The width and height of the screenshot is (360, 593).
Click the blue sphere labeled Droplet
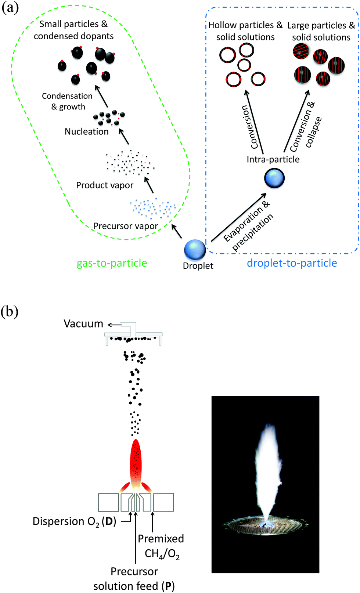point(195,249)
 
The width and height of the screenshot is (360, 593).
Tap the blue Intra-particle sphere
point(274,178)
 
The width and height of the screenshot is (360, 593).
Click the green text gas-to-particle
point(112,263)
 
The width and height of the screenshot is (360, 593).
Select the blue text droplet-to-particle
point(292,263)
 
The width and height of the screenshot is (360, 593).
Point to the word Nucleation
point(87,131)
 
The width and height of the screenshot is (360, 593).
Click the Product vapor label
point(105,185)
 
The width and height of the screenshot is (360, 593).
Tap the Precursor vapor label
point(126,226)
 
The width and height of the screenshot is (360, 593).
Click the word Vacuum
point(83,324)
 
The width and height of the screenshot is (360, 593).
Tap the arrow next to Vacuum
point(114,325)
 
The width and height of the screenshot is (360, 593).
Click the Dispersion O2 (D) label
point(74,521)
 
